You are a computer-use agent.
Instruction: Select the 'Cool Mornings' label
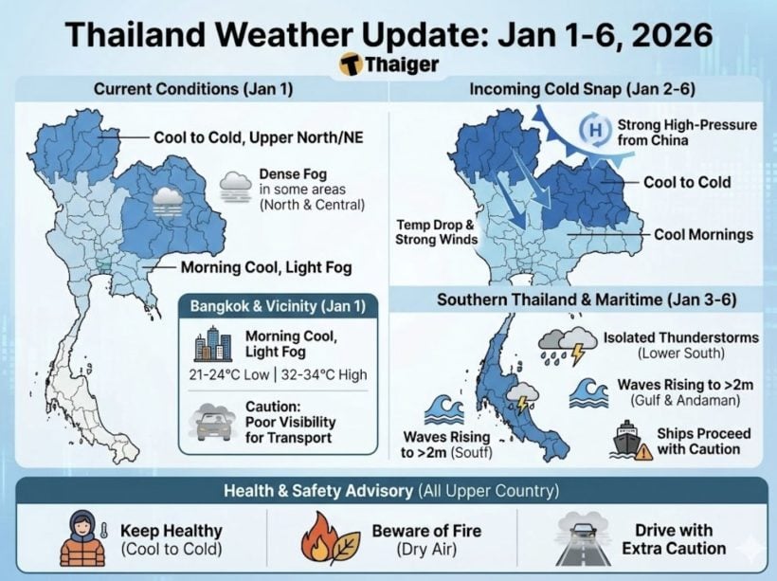click(x=703, y=234)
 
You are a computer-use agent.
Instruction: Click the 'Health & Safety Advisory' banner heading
click(x=388, y=491)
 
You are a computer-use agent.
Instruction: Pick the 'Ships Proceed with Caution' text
click(x=703, y=441)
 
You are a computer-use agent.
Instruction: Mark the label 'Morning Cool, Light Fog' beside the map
click(x=266, y=268)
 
